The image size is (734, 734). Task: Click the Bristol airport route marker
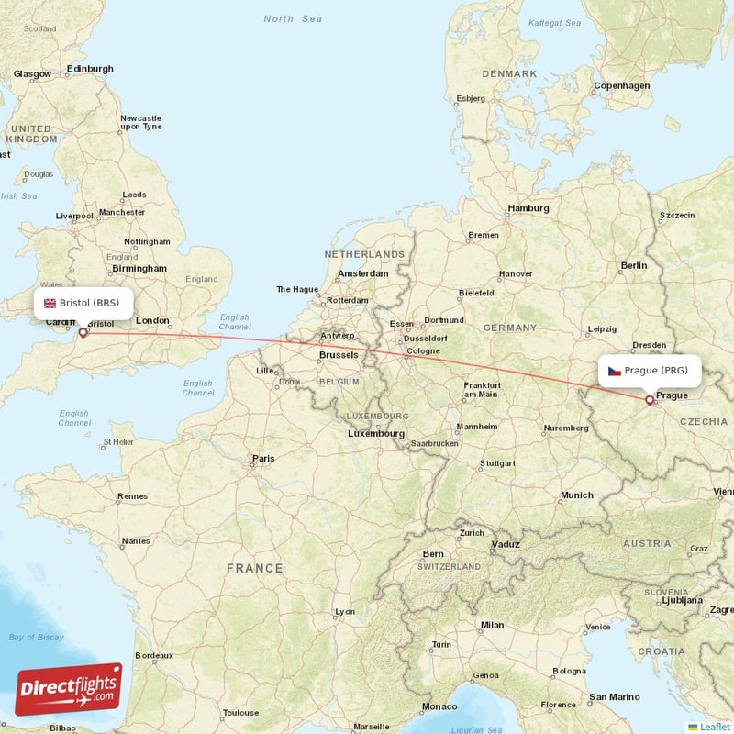click(x=83, y=332)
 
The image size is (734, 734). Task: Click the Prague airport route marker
click(x=650, y=400)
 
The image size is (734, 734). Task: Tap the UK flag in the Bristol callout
click(x=50, y=303)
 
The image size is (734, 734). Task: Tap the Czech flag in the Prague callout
click(x=614, y=371)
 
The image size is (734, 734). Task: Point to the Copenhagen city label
click(x=621, y=86)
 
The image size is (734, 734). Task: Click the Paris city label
click(x=263, y=458)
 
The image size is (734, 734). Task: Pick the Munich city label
click(x=576, y=495)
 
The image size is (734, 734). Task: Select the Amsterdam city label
click(x=362, y=273)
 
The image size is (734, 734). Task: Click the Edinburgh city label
click(x=90, y=69)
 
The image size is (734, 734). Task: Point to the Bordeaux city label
click(x=154, y=656)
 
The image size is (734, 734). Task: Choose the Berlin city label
click(x=633, y=265)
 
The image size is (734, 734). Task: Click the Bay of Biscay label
click(x=38, y=637)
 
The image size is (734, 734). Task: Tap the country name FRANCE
click(x=254, y=568)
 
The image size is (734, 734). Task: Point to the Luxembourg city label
click(x=375, y=433)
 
